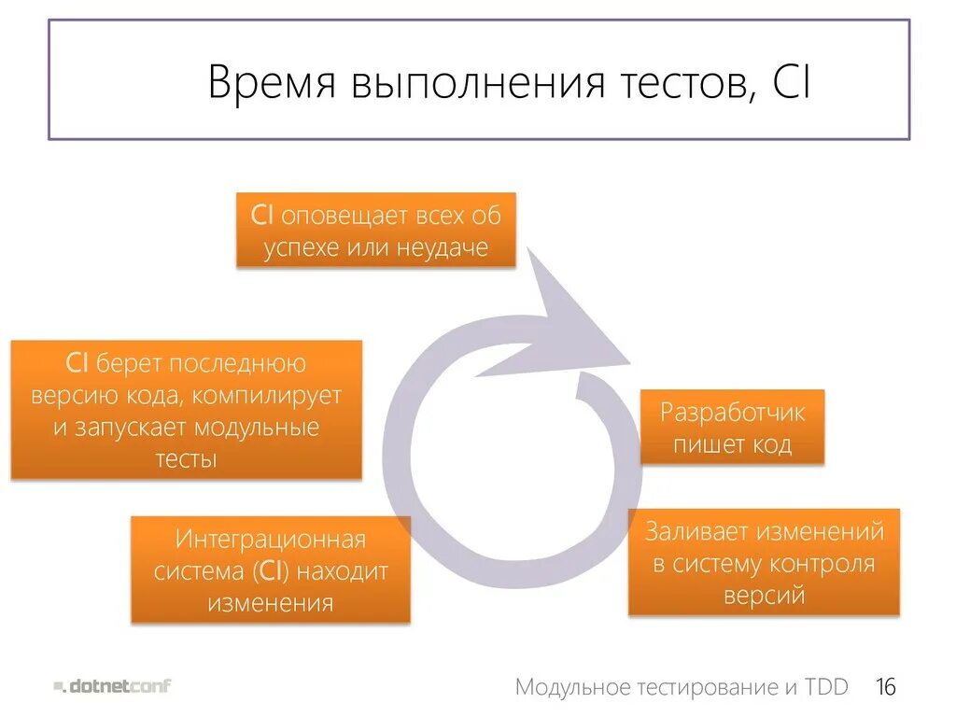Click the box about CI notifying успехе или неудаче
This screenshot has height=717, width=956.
[x=375, y=231]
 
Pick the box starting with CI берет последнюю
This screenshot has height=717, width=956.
[x=186, y=410]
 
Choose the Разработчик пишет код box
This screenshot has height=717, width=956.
[x=732, y=428]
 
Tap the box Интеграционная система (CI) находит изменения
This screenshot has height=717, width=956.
[x=270, y=569]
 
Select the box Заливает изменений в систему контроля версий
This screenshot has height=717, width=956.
[x=764, y=562]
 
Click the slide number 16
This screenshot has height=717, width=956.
[x=885, y=688]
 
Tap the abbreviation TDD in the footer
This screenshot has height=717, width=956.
[x=827, y=688]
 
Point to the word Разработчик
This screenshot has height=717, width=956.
[x=732, y=412]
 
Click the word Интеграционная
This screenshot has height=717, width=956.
[x=270, y=539]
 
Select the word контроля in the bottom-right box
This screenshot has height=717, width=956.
[x=822, y=563]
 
